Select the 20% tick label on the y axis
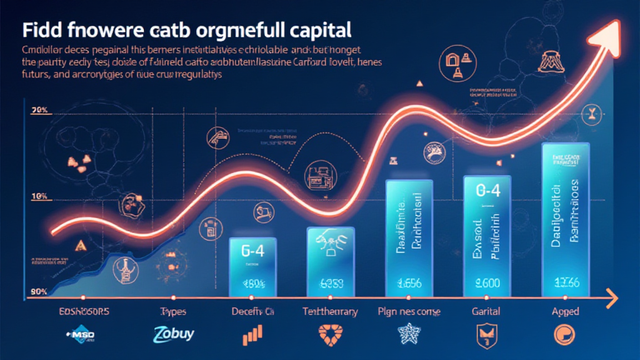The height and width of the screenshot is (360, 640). click(x=39, y=111)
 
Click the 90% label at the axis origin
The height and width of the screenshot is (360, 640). click(x=39, y=292)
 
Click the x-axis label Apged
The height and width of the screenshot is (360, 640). click(x=565, y=312)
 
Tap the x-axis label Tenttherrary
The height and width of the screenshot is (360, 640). click(x=330, y=312)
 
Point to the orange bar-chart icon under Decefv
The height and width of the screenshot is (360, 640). click(x=252, y=335)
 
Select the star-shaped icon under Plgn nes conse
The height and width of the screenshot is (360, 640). click(x=409, y=335)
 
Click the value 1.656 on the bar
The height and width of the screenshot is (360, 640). click(x=409, y=282)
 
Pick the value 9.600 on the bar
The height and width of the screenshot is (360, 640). click(x=486, y=282)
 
